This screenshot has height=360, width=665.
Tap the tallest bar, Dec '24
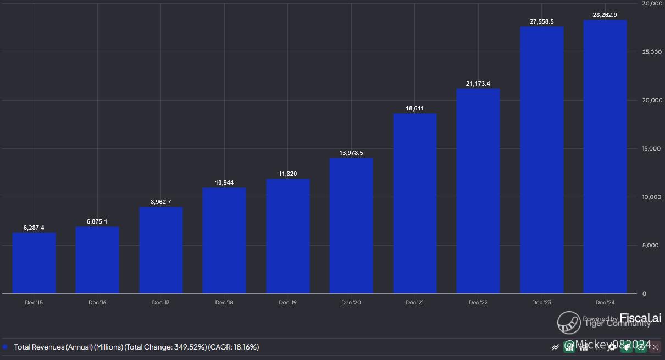[x=605, y=157]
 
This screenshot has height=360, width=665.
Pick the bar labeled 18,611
[x=415, y=203]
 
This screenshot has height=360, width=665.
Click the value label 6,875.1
[x=97, y=222]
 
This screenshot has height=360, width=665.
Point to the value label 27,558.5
[x=541, y=22]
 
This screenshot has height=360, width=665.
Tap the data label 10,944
[x=224, y=183]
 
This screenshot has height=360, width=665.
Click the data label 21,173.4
[x=478, y=84]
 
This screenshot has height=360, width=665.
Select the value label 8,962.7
[x=161, y=202]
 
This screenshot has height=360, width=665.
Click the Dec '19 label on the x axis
[x=288, y=303]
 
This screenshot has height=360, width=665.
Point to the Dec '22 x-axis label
[x=478, y=303]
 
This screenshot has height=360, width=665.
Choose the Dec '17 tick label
[x=161, y=303]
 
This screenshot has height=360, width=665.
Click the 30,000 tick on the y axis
[x=652, y=4]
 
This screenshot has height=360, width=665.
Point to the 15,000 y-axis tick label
[x=652, y=149]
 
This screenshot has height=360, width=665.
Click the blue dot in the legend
[x=5, y=347]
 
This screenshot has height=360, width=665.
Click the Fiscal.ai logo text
[x=640, y=318]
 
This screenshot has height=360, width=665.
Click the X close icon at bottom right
[x=655, y=347]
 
